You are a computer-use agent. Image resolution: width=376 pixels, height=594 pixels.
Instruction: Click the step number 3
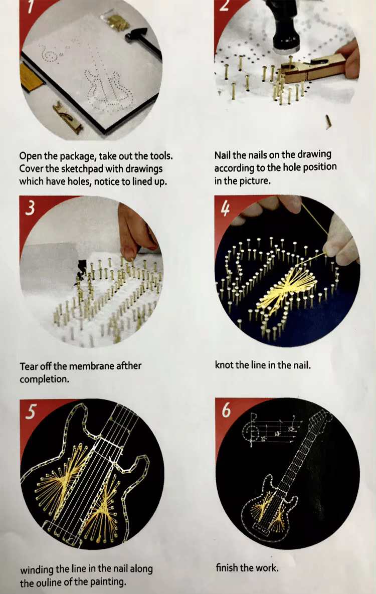pos(30,208)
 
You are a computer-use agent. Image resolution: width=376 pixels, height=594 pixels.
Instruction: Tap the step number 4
pos(225,208)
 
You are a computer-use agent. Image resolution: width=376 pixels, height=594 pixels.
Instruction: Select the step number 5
pos(30,412)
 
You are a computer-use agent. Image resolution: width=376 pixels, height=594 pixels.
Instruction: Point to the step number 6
pos(226,410)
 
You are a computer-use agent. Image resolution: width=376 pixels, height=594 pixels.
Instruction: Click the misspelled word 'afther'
pos(129,366)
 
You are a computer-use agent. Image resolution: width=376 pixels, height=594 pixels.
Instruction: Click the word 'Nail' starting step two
pos(223,155)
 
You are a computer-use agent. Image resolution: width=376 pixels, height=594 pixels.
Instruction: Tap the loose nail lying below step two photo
pos(328,122)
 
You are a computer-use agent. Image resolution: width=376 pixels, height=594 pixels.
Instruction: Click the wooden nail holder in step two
pos(313,69)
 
